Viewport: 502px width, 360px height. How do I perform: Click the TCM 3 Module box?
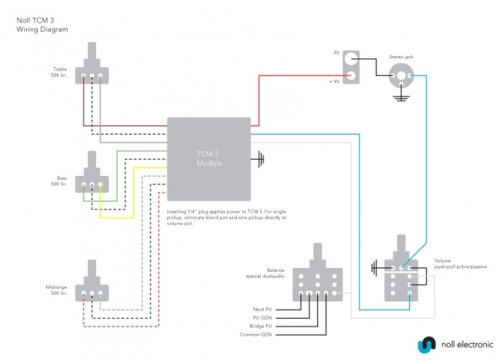(209, 156)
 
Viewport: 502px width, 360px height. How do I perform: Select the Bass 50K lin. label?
(59, 180)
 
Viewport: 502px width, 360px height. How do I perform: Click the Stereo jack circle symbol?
(401, 76)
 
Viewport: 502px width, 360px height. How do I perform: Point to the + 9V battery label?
(335, 80)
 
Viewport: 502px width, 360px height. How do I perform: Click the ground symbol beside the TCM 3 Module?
(261, 157)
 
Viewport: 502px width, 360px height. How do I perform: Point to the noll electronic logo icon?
(426, 344)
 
